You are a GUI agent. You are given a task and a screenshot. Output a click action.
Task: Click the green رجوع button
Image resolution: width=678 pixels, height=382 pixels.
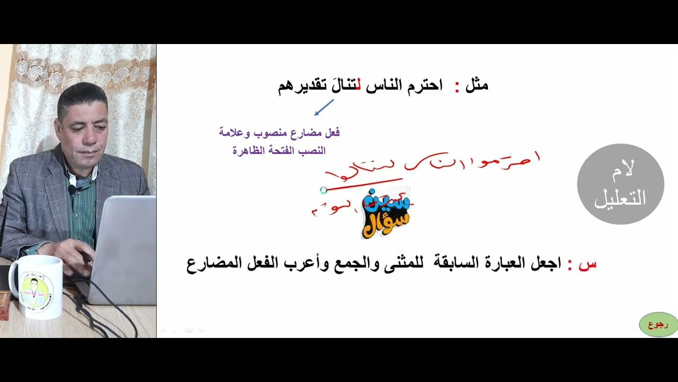658,325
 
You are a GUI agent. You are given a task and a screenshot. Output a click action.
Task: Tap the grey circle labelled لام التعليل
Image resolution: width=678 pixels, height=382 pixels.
620,184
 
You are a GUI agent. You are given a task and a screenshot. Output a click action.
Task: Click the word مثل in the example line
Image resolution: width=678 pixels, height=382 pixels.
477,85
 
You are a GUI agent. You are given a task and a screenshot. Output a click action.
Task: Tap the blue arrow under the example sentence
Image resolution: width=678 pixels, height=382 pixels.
324,108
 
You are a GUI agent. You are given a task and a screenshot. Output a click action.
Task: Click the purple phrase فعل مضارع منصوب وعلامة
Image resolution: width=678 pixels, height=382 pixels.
279,133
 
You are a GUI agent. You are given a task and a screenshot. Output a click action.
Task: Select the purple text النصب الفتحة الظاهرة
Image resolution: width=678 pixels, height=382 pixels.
279,151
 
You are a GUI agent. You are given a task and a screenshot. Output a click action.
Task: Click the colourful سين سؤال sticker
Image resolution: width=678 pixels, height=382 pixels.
386,213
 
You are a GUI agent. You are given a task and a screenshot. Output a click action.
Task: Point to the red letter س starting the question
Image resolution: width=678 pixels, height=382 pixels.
587,264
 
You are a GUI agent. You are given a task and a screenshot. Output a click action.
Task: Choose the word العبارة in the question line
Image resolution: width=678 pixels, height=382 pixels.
507,264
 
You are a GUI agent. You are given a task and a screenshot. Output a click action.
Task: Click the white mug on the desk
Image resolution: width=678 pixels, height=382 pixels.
36,286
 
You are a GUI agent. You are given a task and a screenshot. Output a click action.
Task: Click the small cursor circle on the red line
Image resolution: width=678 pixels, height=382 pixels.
324,190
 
